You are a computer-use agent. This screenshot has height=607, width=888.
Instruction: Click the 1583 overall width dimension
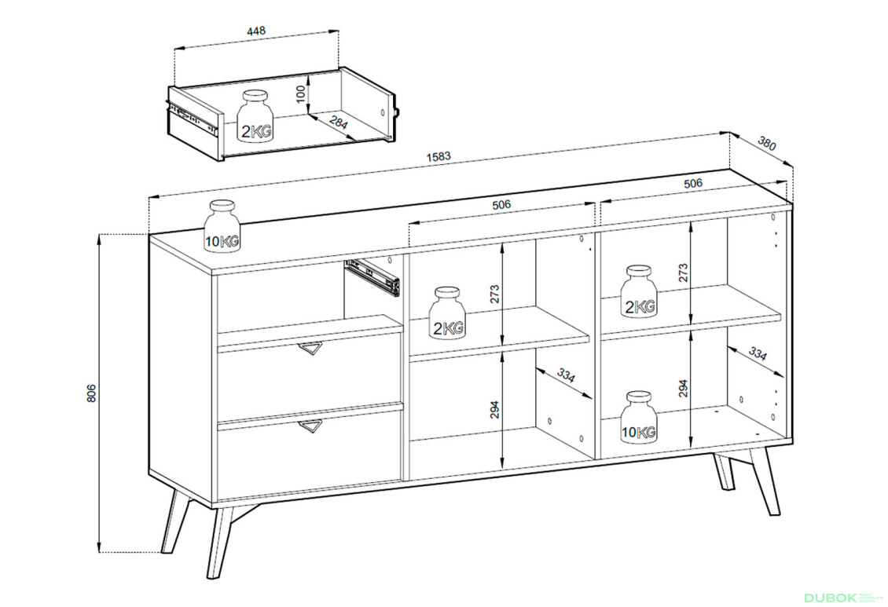438,156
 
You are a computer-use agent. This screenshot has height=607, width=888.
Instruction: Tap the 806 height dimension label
92,393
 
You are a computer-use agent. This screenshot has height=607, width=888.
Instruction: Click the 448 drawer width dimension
256,31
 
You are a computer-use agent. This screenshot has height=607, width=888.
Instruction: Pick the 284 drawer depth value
338,122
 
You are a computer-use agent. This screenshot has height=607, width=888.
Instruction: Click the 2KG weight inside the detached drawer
256,116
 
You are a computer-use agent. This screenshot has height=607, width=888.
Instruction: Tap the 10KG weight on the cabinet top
222,225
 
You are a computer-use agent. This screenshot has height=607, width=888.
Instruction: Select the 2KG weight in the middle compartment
448,313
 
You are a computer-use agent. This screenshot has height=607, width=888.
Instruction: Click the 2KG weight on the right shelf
640,291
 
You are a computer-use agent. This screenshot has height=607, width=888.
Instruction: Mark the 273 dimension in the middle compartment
494,294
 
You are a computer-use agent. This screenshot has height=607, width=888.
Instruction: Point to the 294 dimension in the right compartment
684,388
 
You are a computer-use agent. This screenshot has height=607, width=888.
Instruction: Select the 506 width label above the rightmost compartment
693,183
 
